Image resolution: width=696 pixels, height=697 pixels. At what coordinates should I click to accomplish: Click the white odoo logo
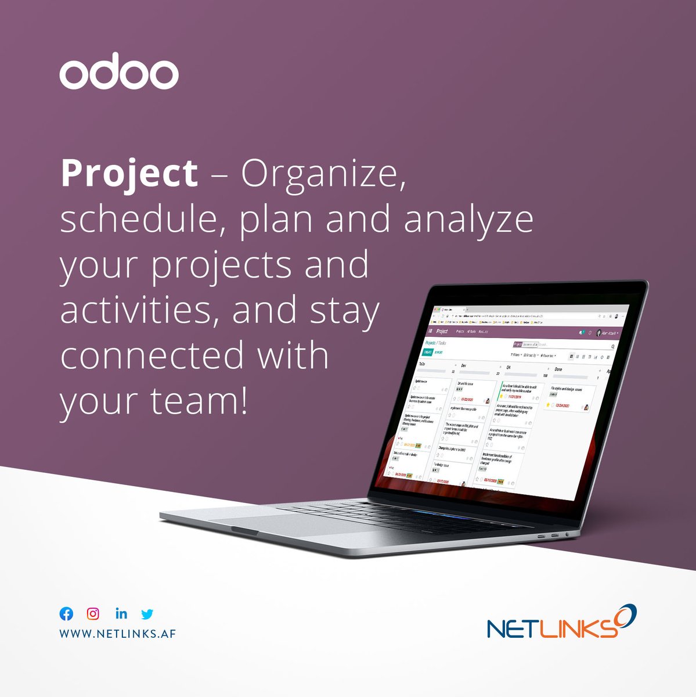[x=119, y=74]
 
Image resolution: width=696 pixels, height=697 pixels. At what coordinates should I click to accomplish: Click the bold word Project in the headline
[x=129, y=174]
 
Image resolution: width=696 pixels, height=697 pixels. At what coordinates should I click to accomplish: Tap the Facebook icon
[x=67, y=614]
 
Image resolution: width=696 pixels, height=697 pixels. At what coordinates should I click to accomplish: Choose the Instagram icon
[x=93, y=613]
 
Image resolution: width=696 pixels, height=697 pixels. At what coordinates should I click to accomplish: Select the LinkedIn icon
[x=121, y=613]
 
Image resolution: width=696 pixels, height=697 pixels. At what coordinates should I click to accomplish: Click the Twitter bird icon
[x=147, y=614]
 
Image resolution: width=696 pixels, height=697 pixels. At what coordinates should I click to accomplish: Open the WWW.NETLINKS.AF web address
[x=117, y=633]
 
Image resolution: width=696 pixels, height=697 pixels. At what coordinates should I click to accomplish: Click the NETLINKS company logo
[x=561, y=624]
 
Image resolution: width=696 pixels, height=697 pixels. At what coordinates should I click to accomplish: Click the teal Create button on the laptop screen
[x=428, y=352]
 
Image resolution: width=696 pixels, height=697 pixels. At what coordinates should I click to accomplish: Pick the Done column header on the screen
[x=558, y=369]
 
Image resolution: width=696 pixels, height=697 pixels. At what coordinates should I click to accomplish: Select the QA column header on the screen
[x=508, y=367]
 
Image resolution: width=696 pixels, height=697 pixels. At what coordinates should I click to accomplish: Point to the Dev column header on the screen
[x=463, y=366]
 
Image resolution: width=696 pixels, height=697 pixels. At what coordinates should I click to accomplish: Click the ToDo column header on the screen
[x=422, y=364]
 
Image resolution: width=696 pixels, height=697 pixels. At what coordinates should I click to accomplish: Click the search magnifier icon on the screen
[x=612, y=346]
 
